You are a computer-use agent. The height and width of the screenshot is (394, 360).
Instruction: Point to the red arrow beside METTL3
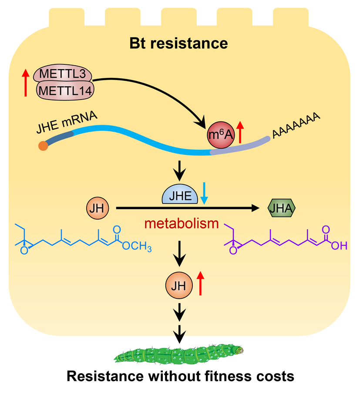tap(25, 83)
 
